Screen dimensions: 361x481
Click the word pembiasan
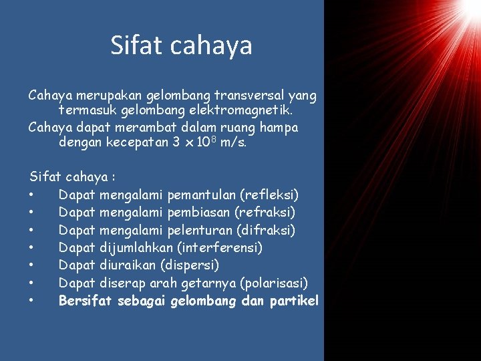(x=198, y=213)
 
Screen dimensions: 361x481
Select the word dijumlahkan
(x=138, y=248)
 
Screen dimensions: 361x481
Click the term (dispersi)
(x=195, y=265)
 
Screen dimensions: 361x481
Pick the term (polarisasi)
(x=274, y=283)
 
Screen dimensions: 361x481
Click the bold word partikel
(x=295, y=301)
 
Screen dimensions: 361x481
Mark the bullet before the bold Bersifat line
(x=31, y=302)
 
